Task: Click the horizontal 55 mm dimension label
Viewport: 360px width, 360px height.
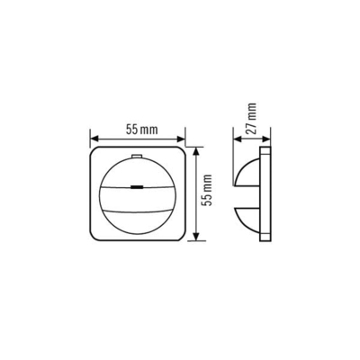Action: pos(138,130)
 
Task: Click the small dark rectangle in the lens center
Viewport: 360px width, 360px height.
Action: pos(138,188)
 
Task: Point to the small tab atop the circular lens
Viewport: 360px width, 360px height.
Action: pos(138,157)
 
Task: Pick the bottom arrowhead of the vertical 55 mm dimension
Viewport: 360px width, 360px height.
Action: pos(196,238)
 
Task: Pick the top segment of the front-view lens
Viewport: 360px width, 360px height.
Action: pos(138,171)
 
